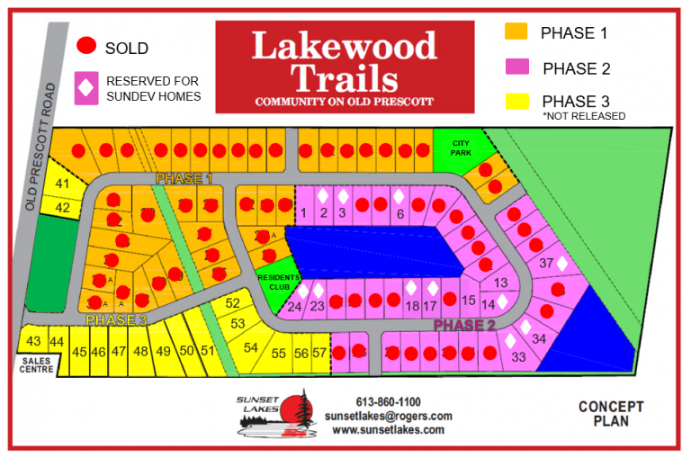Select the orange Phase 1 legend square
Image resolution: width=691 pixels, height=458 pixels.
516,32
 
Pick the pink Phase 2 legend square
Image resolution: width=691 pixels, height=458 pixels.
516,67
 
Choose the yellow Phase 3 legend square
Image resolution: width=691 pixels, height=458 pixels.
516,101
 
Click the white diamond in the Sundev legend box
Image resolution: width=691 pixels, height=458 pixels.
86,88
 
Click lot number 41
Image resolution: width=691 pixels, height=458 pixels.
63,184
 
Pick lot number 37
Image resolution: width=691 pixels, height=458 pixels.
545,264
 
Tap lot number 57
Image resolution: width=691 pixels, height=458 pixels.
319,353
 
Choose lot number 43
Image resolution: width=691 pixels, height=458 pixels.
34,341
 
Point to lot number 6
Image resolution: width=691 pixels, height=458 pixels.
399,213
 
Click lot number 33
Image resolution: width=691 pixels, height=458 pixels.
518,356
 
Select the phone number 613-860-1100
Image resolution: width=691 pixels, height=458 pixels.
388,402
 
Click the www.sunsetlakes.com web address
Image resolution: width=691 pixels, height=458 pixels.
388,429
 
